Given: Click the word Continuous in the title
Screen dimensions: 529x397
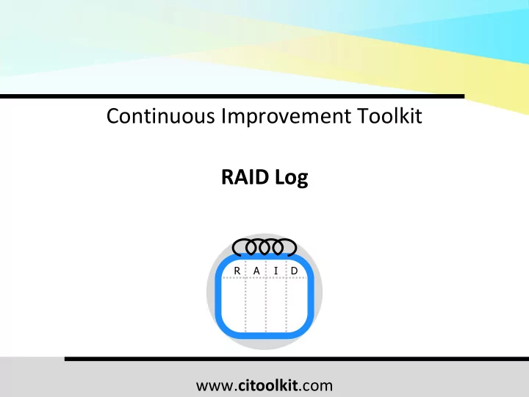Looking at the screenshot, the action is click(x=161, y=116).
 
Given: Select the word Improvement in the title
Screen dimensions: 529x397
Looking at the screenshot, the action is click(x=286, y=116).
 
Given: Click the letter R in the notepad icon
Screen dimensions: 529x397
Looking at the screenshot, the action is click(x=237, y=271).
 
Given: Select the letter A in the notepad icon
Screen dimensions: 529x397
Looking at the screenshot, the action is click(x=256, y=271).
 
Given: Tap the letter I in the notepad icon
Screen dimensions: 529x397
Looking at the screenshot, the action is click(x=276, y=271).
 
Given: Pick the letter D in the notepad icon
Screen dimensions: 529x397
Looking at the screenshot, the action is click(x=295, y=271).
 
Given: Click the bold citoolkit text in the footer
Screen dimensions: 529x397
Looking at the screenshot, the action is click(x=268, y=385).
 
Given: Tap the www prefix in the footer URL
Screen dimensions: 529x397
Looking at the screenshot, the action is click(x=214, y=386).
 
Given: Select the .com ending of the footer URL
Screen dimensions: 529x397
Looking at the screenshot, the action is click(x=316, y=386).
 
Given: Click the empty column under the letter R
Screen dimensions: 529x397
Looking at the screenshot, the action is click(x=234, y=304).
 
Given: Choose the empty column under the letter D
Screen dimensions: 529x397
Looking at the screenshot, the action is click(x=297, y=304).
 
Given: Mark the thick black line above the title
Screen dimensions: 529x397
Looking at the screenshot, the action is click(x=232, y=96).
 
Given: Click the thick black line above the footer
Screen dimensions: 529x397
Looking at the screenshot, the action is click(x=297, y=359).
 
